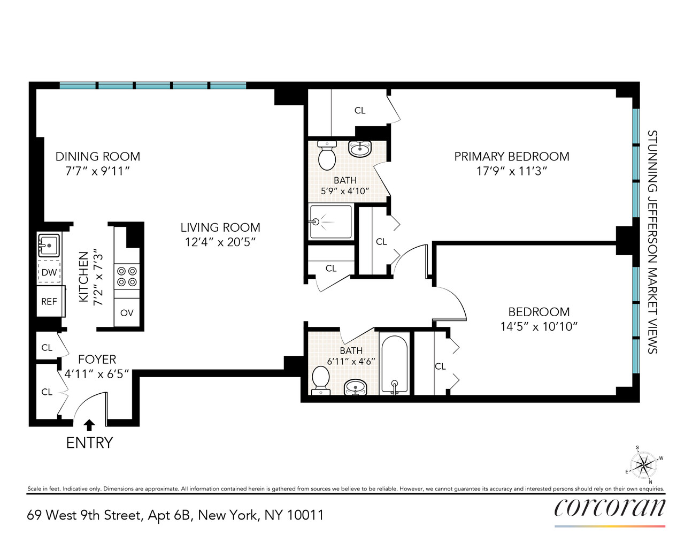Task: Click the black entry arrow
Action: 89,425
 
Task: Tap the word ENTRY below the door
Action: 89,443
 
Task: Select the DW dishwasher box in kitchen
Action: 49,272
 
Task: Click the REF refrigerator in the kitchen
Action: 50,301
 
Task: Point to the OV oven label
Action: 127,313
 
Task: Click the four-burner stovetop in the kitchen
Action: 127,277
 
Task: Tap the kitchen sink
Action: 49,245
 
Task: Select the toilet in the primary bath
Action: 326,156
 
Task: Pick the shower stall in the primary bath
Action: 331,221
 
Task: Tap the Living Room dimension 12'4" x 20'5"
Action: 220,242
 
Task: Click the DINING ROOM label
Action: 98,156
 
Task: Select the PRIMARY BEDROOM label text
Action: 512,156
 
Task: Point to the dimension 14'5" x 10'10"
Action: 539,326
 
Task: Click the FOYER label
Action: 97,360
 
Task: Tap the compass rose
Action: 643,463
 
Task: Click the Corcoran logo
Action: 610,507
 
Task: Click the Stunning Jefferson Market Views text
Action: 652,242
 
